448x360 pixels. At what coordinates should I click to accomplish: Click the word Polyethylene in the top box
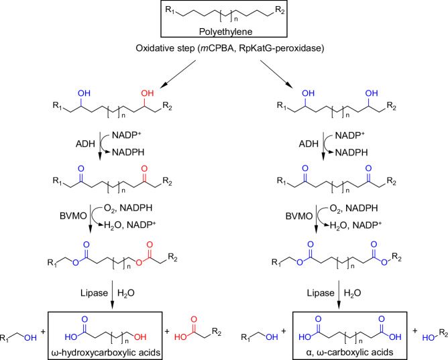point(225,30)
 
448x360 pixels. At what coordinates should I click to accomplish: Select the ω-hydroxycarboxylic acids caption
point(126,351)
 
